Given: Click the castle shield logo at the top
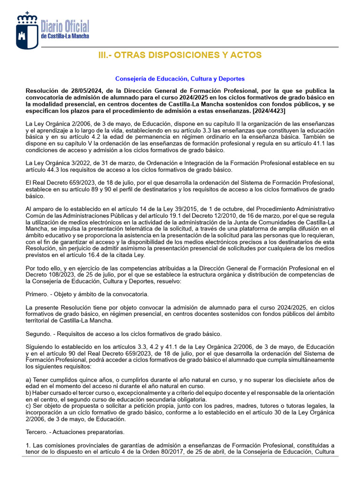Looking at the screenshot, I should coord(27,30).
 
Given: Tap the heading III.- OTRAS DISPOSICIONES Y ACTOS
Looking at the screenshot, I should coord(180,55).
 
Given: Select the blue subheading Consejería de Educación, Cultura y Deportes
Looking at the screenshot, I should coord(180,79).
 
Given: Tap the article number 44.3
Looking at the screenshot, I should coord(54,169).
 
